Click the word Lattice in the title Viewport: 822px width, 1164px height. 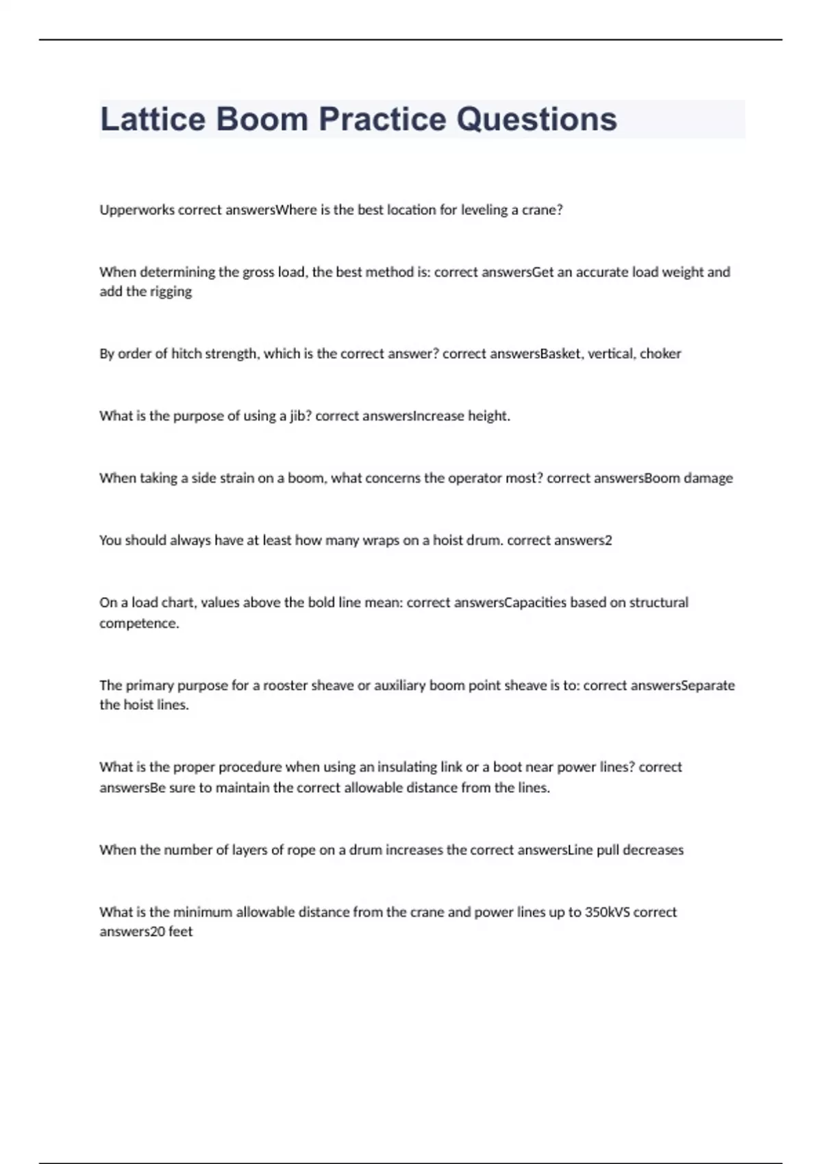pyautogui.click(x=153, y=119)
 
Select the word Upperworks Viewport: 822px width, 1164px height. pyautogui.click(x=137, y=210)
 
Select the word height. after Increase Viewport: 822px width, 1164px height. pyautogui.click(x=489, y=416)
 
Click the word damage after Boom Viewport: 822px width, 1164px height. pyautogui.click(x=708, y=478)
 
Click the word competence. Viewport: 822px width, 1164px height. pyautogui.click(x=139, y=623)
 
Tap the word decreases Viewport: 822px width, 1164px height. pyautogui.click(x=653, y=850)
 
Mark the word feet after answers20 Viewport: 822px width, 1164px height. pyautogui.click(x=181, y=932)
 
